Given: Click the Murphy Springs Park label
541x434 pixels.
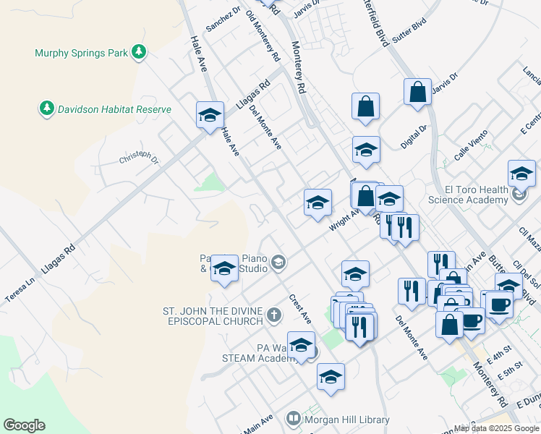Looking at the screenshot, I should [81, 53].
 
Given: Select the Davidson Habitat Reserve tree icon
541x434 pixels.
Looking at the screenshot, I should [47, 109].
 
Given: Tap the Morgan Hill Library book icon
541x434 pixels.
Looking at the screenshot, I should [293, 418].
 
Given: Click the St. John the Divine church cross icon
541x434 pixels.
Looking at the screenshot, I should [273, 315].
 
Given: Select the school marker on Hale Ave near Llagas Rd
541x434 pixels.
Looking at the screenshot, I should [210, 115].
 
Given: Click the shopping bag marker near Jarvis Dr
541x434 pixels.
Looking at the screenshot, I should [418, 92].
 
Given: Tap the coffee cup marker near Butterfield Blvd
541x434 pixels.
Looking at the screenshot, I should [498, 304].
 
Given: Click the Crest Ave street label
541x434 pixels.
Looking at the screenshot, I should [300, 308].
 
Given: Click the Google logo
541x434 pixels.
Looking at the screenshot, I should [24, 425].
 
